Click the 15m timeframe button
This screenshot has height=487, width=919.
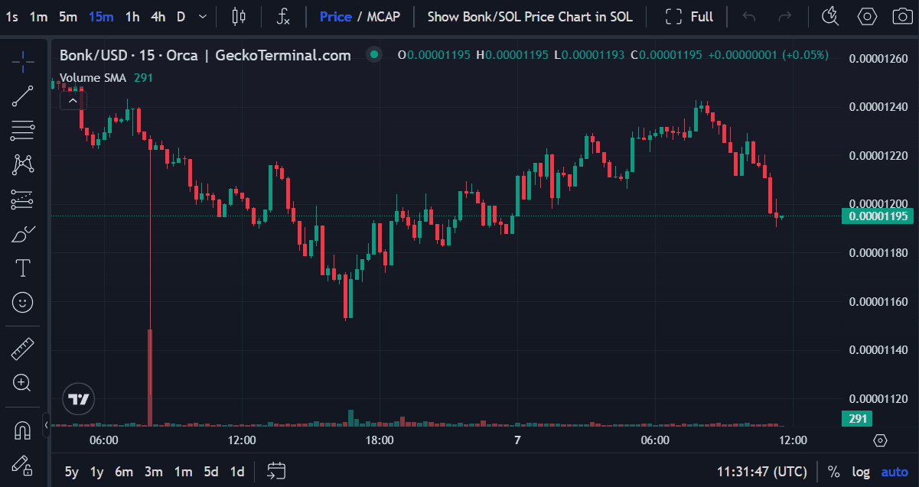point(101,16)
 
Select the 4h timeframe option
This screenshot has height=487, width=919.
point(158,16)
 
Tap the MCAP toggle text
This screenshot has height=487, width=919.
point(383,16)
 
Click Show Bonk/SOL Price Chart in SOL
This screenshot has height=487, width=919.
point(530,16)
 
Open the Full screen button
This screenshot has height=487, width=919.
point(689,16)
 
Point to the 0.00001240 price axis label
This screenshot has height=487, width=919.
point(878,106)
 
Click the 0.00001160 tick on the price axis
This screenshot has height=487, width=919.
point(878,301)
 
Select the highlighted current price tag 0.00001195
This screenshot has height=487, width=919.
point(877,216)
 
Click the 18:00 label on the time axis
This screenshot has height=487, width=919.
point(380,440)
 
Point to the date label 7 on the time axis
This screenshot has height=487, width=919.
point(517,440)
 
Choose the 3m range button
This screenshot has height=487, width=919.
point(153,472)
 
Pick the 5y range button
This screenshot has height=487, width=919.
point(71,472)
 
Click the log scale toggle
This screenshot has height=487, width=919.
point(861,472)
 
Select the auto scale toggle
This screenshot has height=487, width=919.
point(895,472)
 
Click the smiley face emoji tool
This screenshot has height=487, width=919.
point(23,303)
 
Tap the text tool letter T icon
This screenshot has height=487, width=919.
point(23,268)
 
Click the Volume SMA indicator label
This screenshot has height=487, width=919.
point(93,77)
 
